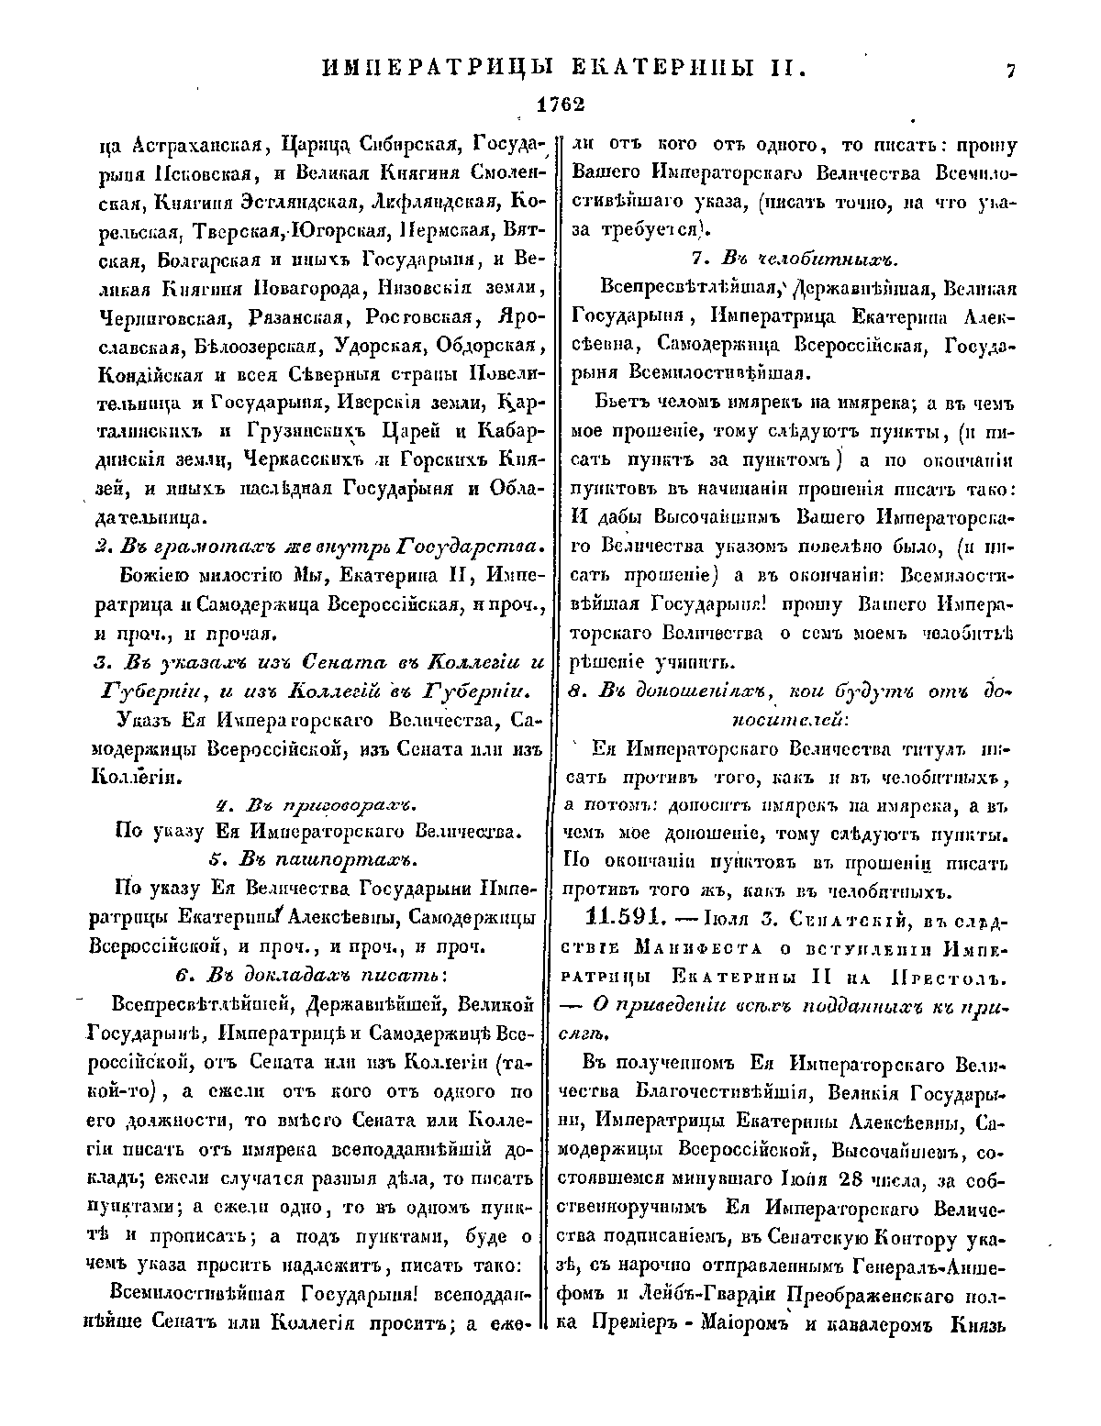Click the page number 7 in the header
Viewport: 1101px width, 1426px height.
tap(1009, 72)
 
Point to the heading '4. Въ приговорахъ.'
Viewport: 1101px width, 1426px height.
tap(315, 804)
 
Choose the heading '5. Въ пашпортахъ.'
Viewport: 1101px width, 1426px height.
tap(313, 858)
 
